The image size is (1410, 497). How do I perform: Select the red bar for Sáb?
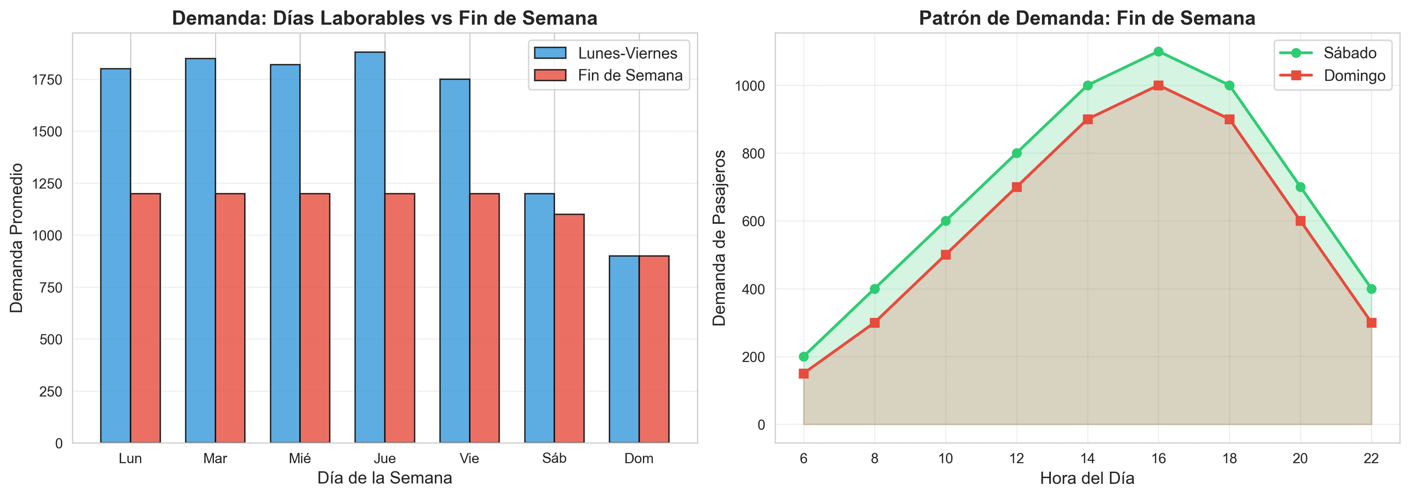[x=569, y=329]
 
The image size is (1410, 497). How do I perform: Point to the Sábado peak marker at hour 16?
[x=1158, y=51]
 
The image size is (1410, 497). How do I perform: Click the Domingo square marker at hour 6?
[x=803, y=374]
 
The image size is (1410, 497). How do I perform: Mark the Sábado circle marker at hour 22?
[x=1371, y=289]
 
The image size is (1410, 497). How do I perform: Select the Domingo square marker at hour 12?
[x=1016, y=187]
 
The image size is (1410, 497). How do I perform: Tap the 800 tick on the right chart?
[x=753, y=153]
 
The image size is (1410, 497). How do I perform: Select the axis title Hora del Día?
[x=1087, y=478]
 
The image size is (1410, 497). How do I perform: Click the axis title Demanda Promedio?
[x=17, y=238]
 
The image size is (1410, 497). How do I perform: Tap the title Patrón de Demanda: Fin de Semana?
[x=1087, y=18]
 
